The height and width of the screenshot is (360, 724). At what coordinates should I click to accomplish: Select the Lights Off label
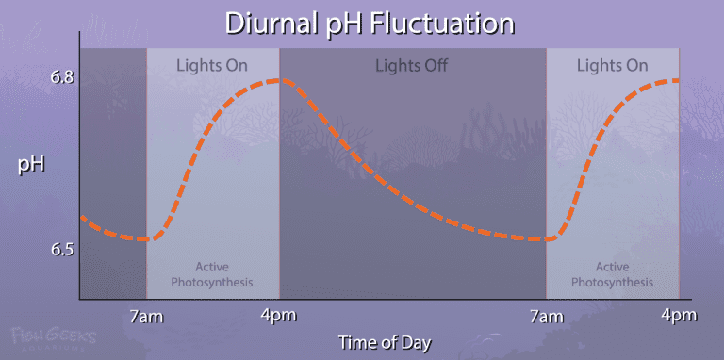tap(411, 66)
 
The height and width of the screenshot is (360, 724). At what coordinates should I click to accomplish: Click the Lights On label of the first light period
tap(212, 66)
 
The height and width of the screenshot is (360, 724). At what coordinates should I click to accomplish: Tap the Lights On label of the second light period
tap(612, 66)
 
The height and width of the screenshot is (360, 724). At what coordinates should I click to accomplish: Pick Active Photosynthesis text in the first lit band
tap(213, 274)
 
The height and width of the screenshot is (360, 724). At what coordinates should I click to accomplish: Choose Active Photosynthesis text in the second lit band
tap(612, 274)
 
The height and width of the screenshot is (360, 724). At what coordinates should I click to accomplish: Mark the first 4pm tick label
tap(279, 314)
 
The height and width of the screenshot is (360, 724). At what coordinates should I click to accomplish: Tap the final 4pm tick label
tap(678, 314)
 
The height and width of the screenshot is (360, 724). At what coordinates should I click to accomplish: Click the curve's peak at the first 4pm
tap(280, 80)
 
